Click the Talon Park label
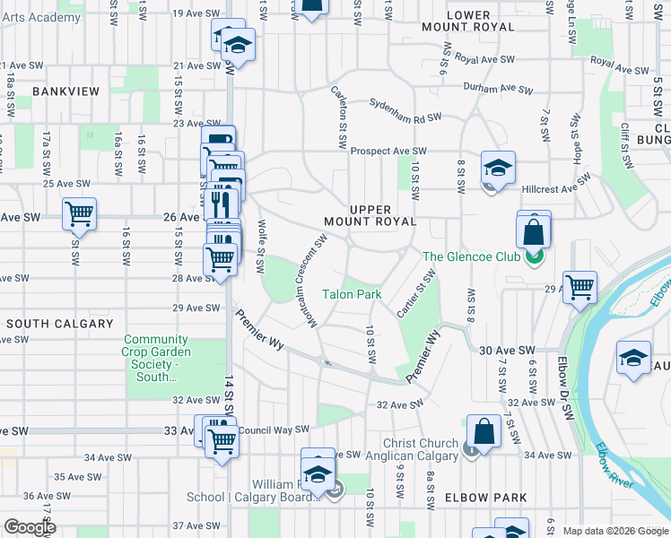[x=353, y=294]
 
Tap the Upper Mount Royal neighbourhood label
[x=370, y=215]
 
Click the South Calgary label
[x=60, y=323]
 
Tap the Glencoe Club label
[x=470, y=256]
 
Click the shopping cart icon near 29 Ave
[x=580, y=287]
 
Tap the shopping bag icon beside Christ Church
[x=484, y=430]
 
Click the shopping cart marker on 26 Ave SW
[x=79, y=214]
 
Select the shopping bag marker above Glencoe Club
[x=534, y=231]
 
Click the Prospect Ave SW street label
[x=388, y=152]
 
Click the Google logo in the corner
[x=29, y=527]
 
